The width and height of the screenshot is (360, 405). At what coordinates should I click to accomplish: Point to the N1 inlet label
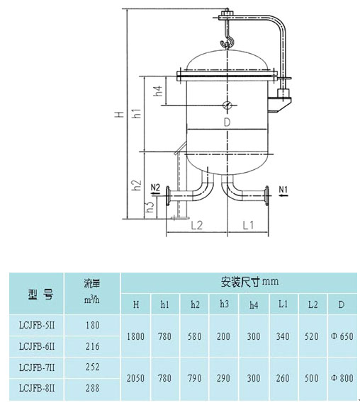click(x=283, y=190)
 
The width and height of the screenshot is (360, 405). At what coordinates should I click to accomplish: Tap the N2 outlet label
click(x=155, y=188)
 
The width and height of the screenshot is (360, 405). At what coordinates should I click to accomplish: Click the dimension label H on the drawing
click(x=120, y=114)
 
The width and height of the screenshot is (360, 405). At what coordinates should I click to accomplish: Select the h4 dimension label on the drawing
click(x=158, y=91)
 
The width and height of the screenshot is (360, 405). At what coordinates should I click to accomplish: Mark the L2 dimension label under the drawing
click(x=197, y=225)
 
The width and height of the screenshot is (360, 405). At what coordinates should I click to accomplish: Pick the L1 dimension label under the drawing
click(x=248, y=225)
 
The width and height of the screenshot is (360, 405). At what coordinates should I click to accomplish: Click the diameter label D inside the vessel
click(x=227, y=122)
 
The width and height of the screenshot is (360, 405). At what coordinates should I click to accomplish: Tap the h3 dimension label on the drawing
click(x=150, y=207)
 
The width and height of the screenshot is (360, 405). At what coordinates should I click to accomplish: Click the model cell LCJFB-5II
click(x=37, y=325)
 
